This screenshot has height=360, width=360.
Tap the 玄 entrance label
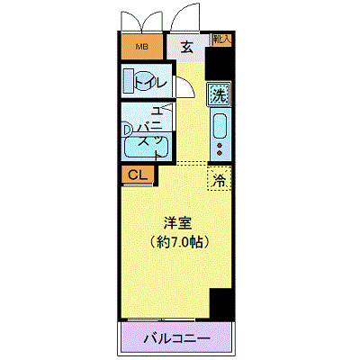pyautogui.click(x=186, y=48)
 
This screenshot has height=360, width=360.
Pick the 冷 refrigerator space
pyautogui.click(x=220, y=179)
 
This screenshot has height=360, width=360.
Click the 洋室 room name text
pyautogui.click(x=177, y=222)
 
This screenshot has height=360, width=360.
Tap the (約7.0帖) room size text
pyautogui.click(x=177, y=241)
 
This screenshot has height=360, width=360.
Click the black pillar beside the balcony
pyautogui.click(x=221, y=304)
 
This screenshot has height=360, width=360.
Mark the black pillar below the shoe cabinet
pyautogui.click(x=219, y=63)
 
